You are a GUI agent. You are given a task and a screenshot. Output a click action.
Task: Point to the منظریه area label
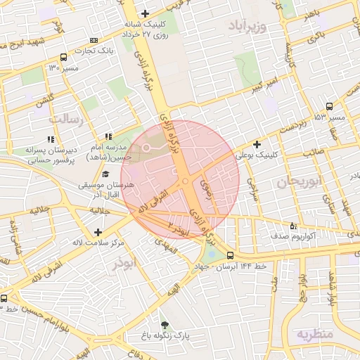click(x=314, y=333)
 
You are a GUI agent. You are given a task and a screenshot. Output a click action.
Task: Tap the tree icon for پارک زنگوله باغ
click(x=165, y=325)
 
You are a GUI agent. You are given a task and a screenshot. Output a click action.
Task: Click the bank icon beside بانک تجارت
click(x=95, y=41)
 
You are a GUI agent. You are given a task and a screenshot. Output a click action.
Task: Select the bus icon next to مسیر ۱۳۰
click(x=64, y=57)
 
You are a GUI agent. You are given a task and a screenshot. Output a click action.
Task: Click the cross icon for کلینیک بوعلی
click(x=257, y=143)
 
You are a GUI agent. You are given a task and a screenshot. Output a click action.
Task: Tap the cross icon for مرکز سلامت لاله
click(x=97, y=232)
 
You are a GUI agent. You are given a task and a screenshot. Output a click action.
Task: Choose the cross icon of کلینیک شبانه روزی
click(x=145, y=13)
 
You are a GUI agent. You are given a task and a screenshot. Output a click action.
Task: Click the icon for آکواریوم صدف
click(x=293, y=226)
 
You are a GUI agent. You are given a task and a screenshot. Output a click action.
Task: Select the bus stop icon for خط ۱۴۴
click(x=230, y=255)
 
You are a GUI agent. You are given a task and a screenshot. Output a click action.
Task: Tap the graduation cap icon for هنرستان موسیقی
click(x=105, y=174)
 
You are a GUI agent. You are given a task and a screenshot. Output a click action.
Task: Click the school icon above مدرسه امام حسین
click(x=108, y=137)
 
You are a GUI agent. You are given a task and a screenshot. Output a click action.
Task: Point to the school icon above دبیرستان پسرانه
click(x=50, y=139)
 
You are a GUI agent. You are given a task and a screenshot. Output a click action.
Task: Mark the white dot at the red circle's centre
click(x=185, y=181)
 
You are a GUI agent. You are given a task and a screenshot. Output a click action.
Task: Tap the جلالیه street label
click(x=99, y=210)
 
